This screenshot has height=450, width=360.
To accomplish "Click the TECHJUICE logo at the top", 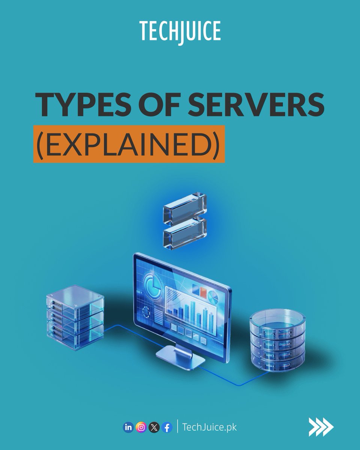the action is click(180, 31).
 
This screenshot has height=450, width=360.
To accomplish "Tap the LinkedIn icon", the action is click(128, 427).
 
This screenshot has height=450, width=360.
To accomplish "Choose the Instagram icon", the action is click(141, 427).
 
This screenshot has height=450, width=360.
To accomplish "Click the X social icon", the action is click(154, 427).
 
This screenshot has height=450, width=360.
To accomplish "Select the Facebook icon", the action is click(167, 427).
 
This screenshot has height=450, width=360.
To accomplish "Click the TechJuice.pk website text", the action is click(209, 427).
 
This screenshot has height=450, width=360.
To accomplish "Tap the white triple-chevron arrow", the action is click(321, 427).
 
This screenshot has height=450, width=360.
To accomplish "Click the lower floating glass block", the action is click(185, 232).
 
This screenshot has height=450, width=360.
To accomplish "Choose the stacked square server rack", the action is click(75, 317).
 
